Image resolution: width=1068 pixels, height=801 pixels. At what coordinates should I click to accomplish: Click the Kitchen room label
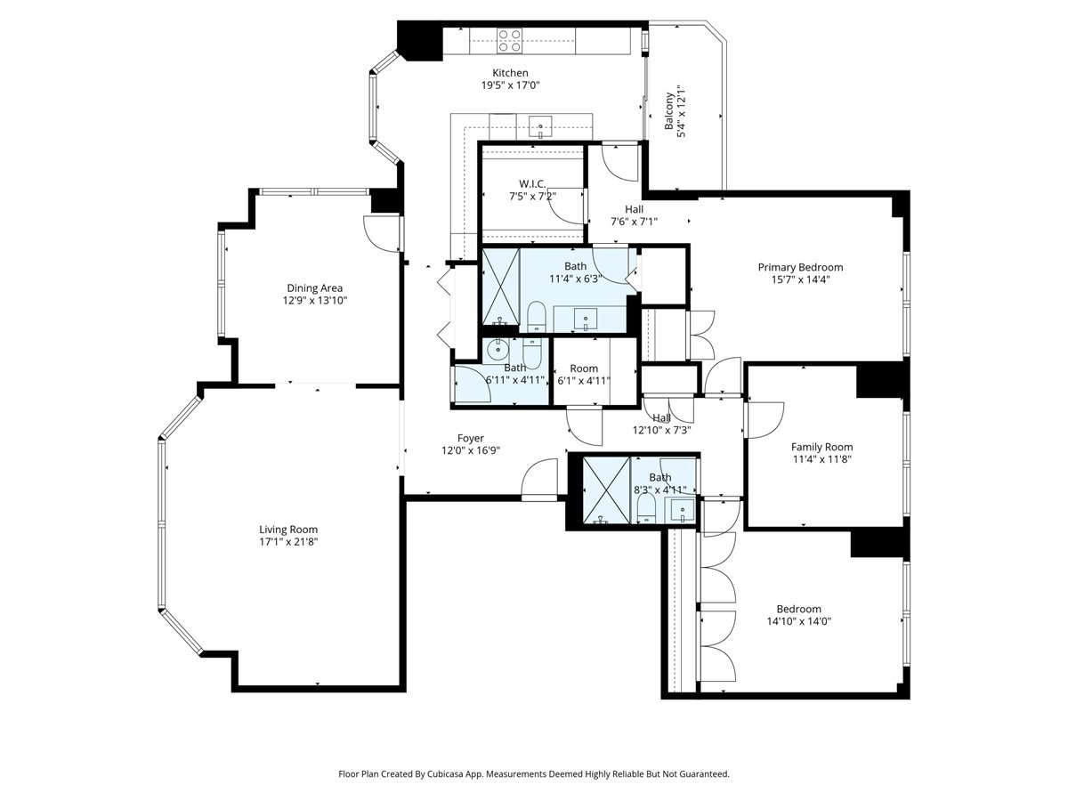pos(511,73)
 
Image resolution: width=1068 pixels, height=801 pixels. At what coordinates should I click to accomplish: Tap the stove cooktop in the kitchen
pos(509,39)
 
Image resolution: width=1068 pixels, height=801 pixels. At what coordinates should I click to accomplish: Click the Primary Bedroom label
pos(800,267)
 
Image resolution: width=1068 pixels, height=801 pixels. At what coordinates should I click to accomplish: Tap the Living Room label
pos(288,530)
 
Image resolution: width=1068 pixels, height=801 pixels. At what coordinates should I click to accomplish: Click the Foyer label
pos(471,438)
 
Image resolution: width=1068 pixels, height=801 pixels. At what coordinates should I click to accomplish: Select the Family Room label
pos(821,447)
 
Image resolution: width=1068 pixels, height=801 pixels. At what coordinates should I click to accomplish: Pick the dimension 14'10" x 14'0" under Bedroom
pos(798,622)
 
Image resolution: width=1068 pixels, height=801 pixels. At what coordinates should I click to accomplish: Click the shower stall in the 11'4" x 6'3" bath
pos(500,288)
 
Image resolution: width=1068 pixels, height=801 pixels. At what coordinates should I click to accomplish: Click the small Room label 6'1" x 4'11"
pos(584,368)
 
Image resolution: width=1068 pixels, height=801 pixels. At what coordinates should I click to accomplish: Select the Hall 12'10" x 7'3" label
pos(661,418)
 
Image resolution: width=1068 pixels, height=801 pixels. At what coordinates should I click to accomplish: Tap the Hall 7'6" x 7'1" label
pos(634,209)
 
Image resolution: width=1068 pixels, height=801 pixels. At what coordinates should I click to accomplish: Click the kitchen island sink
pos(541,126)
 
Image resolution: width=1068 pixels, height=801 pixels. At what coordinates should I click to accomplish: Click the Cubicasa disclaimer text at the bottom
pos(534,774)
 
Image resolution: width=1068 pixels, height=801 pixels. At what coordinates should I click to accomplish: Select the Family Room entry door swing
pos(764,418)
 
